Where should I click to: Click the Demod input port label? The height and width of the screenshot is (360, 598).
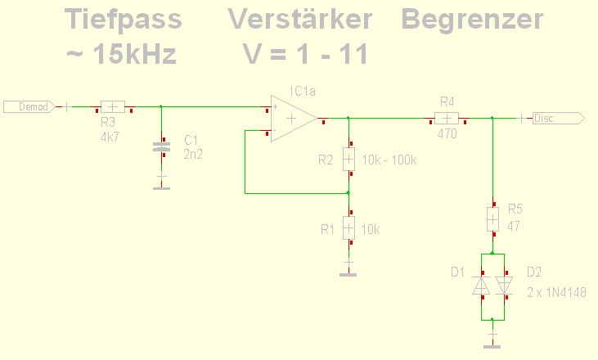[x=29, y=107]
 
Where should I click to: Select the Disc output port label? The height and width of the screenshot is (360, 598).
[x=559, y=118]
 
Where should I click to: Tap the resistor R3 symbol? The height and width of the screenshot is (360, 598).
[x=113, y=107]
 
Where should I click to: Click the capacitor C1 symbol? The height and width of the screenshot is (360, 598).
[x=161, y=146]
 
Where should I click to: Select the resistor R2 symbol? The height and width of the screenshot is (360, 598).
[x=348, y=159]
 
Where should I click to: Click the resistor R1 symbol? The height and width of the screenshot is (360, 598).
[x=348, y=227]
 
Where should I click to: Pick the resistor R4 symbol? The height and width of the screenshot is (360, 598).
[x=447, y=119]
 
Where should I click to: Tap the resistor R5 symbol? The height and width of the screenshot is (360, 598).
[x=492, y=219]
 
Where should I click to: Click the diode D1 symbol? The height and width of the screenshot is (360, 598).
[x=481, y=286]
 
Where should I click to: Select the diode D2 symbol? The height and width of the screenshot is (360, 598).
[x=504, y=286]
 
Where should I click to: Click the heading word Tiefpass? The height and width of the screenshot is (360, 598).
[x=124, y=20]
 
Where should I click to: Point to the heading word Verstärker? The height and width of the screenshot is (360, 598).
[x=300, y=19]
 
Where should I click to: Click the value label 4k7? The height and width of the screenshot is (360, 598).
[x=110, y=137]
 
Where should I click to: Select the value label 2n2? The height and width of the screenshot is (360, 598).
[x=193, y=154]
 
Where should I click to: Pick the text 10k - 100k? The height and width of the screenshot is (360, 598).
[x=389, y=160]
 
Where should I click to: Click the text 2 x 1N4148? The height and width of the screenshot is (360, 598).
[x=556, y=292]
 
